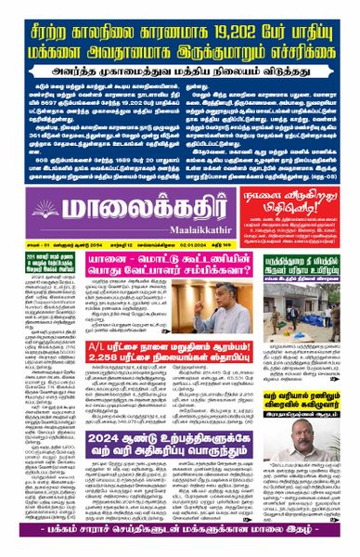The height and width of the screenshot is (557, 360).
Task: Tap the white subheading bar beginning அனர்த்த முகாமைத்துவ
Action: [180, 68]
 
